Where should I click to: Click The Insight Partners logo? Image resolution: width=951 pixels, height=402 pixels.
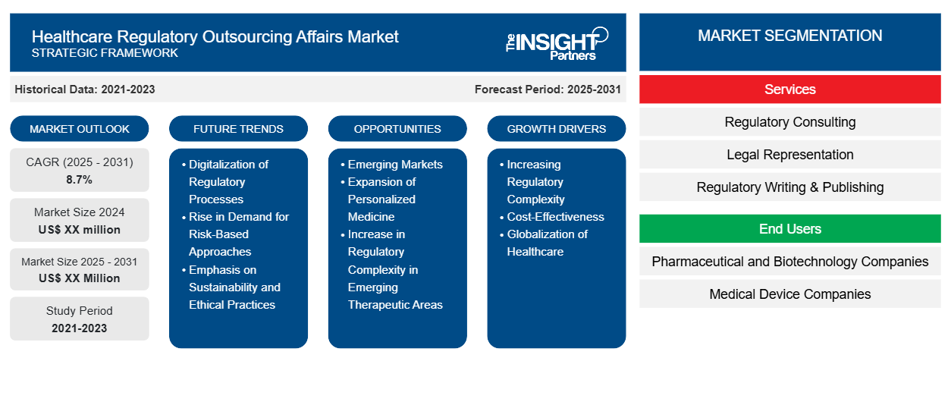coord(557,42)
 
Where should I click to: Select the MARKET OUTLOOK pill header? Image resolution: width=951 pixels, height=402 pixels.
coord(80,129)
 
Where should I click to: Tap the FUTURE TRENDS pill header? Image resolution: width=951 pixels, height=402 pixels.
coord(238,129)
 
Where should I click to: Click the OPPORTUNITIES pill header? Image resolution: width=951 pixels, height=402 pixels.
coord(397,129)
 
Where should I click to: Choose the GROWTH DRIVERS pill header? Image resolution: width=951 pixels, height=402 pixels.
coord(557,129)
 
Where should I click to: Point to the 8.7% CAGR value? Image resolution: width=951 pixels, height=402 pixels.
coord(80,180)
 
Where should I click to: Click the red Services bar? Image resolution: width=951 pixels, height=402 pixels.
coord(789,90)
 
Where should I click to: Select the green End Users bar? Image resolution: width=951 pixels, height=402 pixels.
coord(789,229)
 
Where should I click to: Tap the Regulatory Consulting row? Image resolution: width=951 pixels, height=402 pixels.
coord(789,122)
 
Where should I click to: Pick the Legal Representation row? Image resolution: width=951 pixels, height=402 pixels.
coord(789,155)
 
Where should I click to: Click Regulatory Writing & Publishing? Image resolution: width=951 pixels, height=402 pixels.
coord(789,187)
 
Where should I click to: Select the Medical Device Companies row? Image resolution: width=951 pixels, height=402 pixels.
coord(789,294)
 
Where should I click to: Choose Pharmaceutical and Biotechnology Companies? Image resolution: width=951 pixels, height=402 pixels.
coord(789,262)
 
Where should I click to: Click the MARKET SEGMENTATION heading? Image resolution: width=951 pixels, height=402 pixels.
coord(789,36)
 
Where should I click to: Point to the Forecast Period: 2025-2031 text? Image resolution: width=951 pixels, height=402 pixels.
coord(548,90)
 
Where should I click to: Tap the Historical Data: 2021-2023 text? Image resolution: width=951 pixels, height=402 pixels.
coord(85,90)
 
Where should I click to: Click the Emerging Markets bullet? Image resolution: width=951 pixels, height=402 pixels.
coord(394,165)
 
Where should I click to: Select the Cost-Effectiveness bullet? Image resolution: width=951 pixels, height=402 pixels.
coord(555,217)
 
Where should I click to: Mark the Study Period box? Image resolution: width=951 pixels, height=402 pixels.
coord(80,319)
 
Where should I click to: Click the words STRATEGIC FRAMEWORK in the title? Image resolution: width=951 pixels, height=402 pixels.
coord(105,53)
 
